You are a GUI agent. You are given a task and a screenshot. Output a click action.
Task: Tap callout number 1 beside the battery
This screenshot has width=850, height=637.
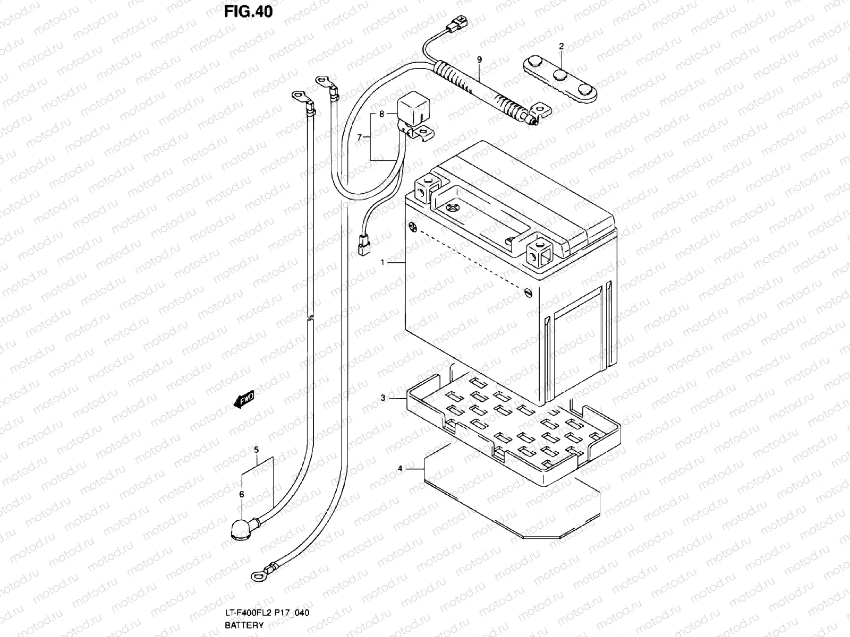coord(382,262)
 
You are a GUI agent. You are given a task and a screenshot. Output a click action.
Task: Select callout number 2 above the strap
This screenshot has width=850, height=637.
coord(561,46)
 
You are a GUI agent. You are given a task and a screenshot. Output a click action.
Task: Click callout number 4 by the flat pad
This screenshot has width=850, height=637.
coord(400,468)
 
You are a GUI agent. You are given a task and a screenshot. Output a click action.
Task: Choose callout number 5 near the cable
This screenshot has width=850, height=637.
coord(256,450)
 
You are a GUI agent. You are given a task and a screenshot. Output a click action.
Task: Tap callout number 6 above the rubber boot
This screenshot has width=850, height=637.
coord(242,494)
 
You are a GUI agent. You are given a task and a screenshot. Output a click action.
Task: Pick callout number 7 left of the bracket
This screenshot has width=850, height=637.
coord(359,137)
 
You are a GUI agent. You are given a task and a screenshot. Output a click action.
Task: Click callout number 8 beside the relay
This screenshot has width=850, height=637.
coord(381,114)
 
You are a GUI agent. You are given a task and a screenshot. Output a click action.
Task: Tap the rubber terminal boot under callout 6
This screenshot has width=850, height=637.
coord(239,529)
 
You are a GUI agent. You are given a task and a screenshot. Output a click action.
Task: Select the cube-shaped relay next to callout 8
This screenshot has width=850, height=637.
coord(411,106)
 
